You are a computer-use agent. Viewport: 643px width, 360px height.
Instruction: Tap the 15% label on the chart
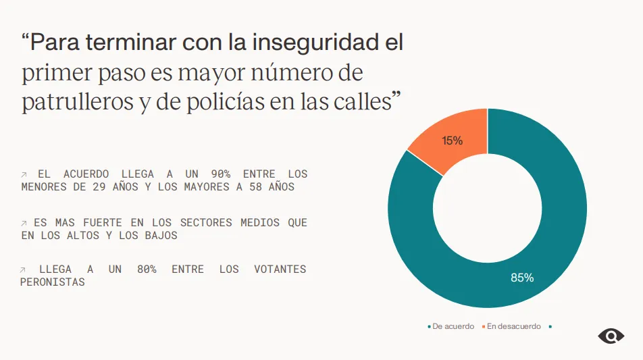(x=452, y=140)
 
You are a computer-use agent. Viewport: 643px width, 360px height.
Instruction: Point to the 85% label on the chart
(x=522, y=278)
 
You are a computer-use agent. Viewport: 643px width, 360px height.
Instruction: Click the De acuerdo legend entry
(x=451, y=326)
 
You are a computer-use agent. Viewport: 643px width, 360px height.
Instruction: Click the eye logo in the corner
(x=611, y=336)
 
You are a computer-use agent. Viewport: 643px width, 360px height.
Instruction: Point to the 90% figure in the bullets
(x=220, y=174)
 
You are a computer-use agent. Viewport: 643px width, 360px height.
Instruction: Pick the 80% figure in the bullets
(x=147, y=269)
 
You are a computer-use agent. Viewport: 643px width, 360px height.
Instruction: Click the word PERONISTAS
(x=53, y=282)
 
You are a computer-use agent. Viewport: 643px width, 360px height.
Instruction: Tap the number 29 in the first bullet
(x=99, y=186)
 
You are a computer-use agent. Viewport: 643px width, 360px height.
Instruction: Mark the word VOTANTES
(x=280, y=269)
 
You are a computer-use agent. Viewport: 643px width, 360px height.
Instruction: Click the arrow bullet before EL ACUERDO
(x=24, y=175)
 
